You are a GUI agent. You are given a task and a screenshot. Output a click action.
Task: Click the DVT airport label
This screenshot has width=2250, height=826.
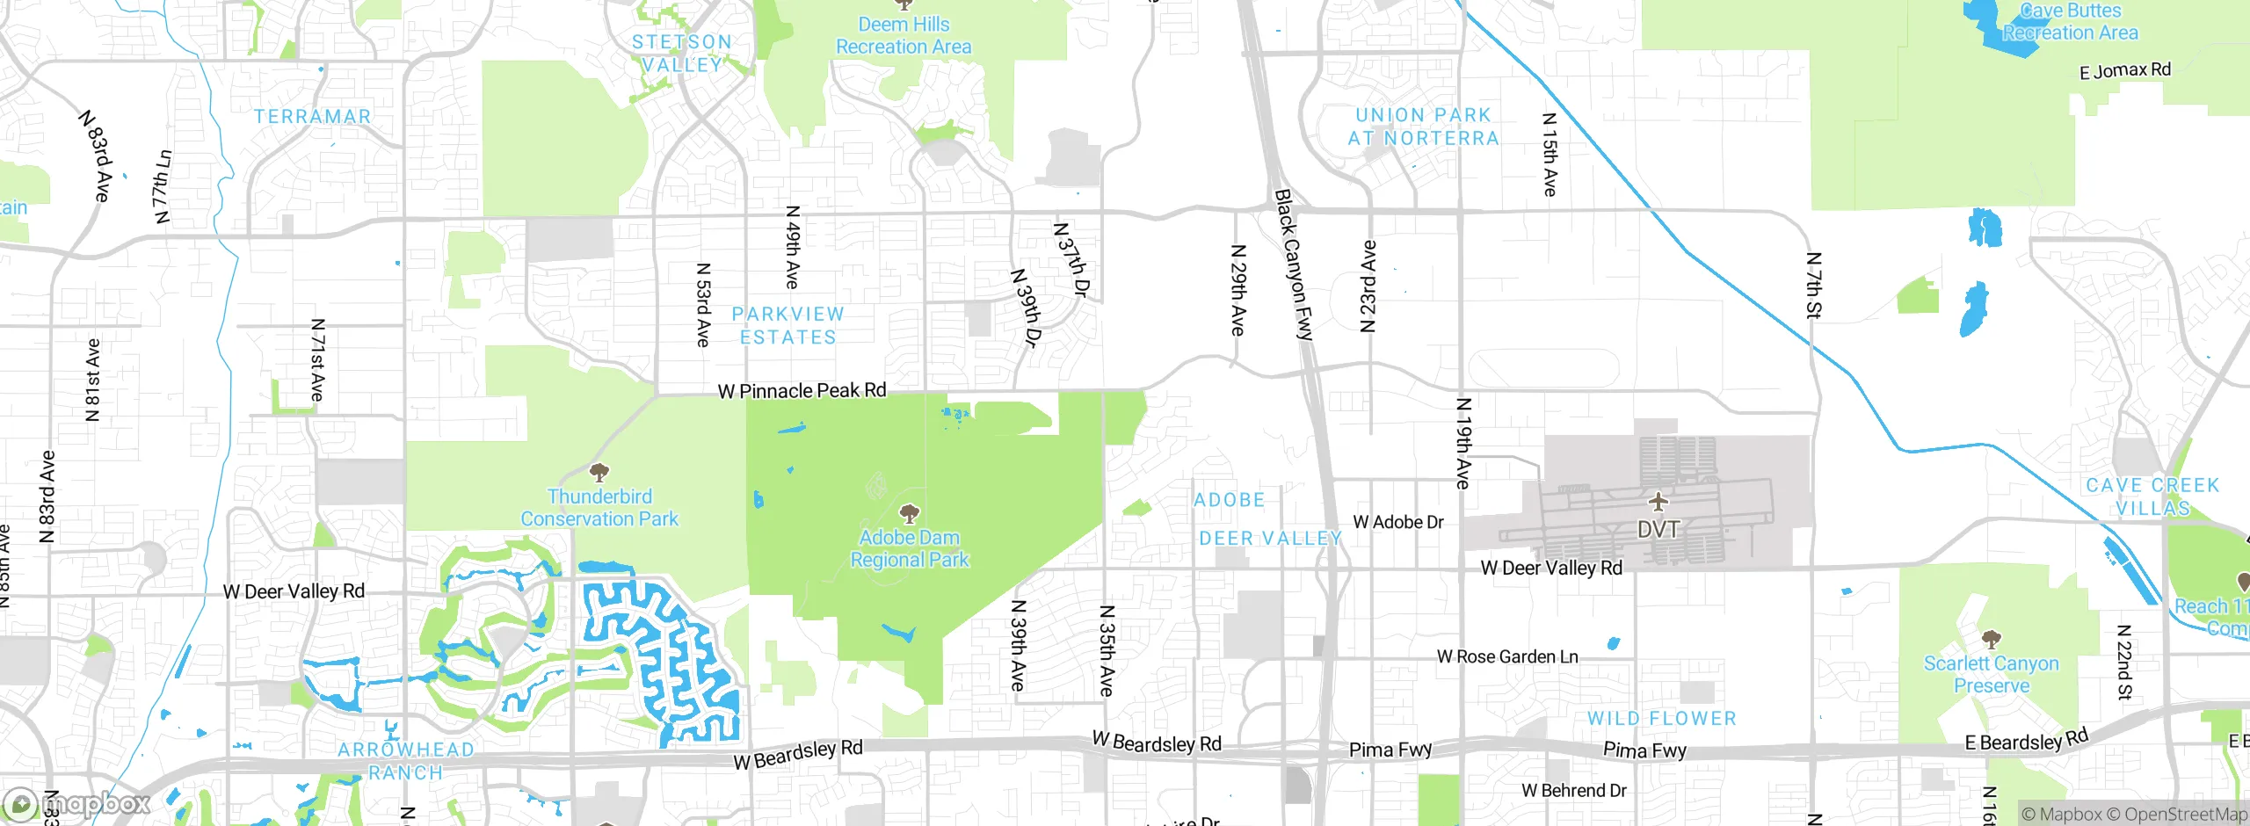(1658, 530)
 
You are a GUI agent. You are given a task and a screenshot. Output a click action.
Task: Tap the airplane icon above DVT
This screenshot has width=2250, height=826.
(1658, 502)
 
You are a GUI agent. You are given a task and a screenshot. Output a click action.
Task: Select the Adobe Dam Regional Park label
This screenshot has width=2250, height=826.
(910, 548)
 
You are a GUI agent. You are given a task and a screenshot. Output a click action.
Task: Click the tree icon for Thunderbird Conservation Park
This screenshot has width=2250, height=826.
(599, 474)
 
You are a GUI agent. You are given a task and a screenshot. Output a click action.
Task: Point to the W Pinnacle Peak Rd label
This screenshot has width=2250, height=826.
(802, 391)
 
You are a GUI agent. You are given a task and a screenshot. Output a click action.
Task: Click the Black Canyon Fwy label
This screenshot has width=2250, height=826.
(1294, 264)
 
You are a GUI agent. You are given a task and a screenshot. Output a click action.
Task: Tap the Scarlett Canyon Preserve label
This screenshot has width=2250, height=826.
(1991, 674)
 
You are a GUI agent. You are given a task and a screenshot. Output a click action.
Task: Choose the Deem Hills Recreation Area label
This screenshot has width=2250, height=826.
(904, 36)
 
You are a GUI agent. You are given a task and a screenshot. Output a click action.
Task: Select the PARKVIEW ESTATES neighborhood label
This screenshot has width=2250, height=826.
(787, 325)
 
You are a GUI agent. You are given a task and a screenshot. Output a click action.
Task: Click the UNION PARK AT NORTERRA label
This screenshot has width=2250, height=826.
(1423, 127)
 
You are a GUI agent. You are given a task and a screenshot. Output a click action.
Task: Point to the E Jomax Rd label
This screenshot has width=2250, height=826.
(2124, 70)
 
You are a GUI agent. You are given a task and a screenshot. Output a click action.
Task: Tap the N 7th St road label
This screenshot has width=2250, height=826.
(1814, 285)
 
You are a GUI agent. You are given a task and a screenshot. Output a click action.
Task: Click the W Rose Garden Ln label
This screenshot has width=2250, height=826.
(1507, 656)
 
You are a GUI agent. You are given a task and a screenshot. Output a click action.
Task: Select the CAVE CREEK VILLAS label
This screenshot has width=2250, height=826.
(2152, 496)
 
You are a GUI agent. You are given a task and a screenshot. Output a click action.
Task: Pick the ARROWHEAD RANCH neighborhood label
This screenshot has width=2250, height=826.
(405, 761)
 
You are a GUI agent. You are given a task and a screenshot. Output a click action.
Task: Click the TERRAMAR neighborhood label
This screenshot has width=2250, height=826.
(312, 116)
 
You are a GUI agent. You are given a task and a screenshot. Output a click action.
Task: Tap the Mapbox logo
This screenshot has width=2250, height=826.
(77, 804)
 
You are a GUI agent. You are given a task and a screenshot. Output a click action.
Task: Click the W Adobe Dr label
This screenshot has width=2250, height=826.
(1398, 522)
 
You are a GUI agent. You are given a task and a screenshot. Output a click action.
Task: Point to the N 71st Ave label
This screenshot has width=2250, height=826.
(317, 360)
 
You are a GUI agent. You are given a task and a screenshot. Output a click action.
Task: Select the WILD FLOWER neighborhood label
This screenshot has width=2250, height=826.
(1661, 718)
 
